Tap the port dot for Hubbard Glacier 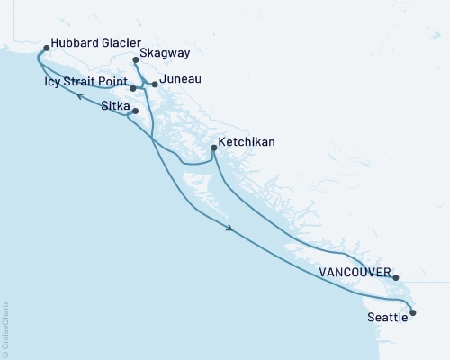46,49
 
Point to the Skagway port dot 136,60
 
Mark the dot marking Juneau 155,85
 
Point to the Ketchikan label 247,142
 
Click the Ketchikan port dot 213,148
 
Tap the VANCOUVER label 355,272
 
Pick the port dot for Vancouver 396,278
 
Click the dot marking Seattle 413,312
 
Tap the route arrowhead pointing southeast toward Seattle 233,229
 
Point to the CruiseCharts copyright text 5,329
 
